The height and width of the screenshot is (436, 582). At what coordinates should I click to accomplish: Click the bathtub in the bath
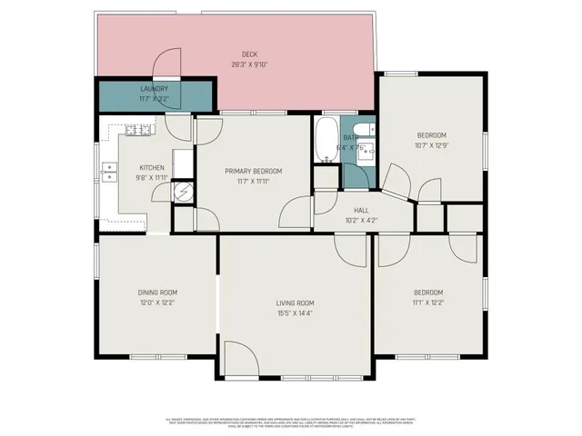coord(326,141)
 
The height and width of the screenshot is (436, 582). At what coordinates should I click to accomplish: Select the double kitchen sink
coord(109,171)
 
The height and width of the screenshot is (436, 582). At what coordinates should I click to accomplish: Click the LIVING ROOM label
coord(296,302)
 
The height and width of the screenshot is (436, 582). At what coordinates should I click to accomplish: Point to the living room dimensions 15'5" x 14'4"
coord(296,313)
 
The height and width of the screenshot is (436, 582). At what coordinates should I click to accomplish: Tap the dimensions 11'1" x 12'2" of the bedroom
coord(427,302)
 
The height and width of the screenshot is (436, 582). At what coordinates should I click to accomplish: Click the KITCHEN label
coord(151,167)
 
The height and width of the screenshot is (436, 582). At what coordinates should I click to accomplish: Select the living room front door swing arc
coord(236,357)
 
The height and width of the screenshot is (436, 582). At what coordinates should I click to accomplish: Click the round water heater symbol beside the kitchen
coord(184,192)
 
